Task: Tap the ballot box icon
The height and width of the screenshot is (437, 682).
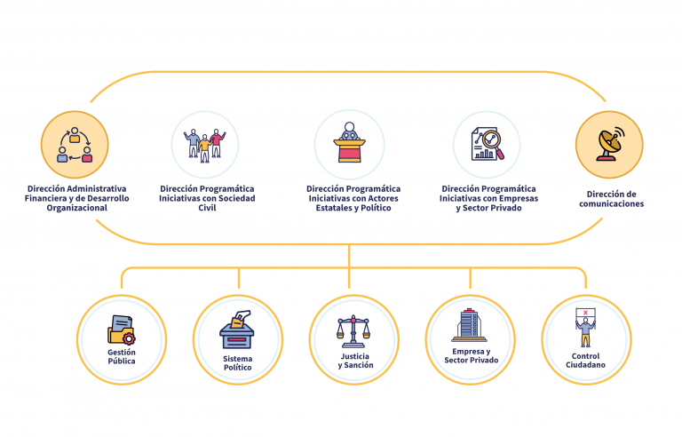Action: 237,331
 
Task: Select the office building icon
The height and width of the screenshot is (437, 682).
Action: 469,326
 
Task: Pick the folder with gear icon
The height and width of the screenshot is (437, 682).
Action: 122,330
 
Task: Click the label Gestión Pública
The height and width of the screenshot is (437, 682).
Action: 122,357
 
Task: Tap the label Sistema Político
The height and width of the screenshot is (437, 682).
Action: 237,362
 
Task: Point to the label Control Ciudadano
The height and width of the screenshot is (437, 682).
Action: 585,362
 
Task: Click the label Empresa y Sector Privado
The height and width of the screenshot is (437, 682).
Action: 470,356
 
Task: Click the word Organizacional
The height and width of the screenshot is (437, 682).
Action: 76,208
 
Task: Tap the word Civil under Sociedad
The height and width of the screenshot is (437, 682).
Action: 206,208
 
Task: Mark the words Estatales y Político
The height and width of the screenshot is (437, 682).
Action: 353,208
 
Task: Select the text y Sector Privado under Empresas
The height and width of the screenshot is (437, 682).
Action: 488,208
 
